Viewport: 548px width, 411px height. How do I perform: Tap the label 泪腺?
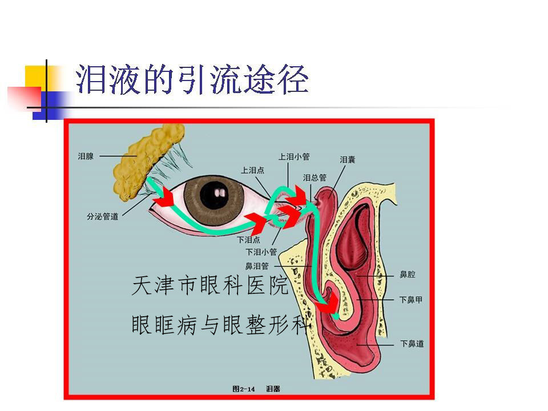[86, 156]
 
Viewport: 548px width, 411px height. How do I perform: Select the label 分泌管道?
[102, 217]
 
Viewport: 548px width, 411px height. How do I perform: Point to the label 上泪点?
[252, 170]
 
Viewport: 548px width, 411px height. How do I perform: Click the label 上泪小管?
[294, 156]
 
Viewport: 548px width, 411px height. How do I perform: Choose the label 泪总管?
[315, 178]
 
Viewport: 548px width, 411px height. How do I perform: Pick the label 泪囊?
[348, 160]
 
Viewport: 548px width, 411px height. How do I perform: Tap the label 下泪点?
[248, 240]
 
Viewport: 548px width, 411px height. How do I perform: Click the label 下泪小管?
[261, 252]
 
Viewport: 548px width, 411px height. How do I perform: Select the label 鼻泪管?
[257, 267]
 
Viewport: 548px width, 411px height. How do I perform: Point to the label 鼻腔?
[408, 275]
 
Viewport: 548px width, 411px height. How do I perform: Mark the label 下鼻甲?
[411, 300]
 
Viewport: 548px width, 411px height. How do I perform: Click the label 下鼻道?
[412, 344]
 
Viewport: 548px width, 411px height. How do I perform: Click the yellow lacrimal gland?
[147, 161]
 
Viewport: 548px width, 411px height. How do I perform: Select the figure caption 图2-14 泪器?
[256, 389]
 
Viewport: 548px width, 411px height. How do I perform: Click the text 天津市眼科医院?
[209, 285]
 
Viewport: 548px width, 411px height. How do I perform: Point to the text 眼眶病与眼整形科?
[221, 324]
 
